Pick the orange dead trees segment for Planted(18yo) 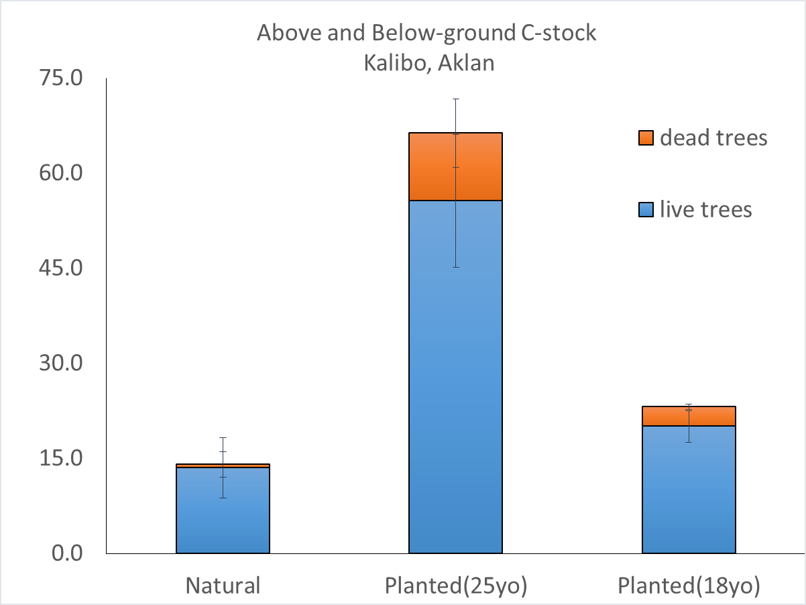[x=689, y=416]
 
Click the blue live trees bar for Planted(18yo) [x=689, y=490]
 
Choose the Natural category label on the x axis [x=223, y=586]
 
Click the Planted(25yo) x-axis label [x=456, y=586]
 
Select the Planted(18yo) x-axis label [x=689, y=586]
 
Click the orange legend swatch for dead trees [x=645, y=138]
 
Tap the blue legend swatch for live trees [x=645, y=210]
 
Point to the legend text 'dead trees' [x=713, y=138]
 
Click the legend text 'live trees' [x=706, y=210]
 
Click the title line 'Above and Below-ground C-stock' [x=426, y=34]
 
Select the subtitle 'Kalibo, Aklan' [x=428, y=63]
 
